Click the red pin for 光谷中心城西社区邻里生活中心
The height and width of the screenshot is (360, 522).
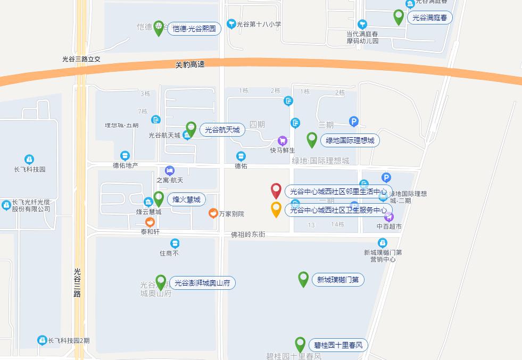[x=276, y=190]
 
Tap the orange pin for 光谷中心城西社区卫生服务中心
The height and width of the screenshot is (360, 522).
[x=276, y=209]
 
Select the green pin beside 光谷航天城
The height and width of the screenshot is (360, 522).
[x=191, y=129]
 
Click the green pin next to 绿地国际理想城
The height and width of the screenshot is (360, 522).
[x=312, y=140]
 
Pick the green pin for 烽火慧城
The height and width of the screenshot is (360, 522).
[x=159, y=199]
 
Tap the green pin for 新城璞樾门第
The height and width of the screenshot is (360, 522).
[x=303, y=279]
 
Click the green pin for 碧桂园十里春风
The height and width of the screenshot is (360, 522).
[x=300, y=344]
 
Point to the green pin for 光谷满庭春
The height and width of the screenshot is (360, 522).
[x=398, y=17]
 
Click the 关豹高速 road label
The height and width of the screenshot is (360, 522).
[x=190, y=64]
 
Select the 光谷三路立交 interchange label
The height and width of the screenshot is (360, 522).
[x=81, y=59]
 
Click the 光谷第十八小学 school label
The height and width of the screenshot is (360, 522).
[x=259, y=24]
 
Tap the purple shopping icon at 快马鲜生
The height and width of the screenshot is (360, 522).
[x=283, y=141]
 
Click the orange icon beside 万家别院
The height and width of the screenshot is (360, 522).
[x=213, y=213]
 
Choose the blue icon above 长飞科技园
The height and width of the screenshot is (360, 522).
[x=29, y=159]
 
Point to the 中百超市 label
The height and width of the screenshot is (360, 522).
[x=389, y=227]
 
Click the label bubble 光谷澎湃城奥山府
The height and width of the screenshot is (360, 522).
[x=202, y=283]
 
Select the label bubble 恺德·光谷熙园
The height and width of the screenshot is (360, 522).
[x=194, y=29]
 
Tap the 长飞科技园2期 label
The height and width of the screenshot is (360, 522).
[x=69, y=340]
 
